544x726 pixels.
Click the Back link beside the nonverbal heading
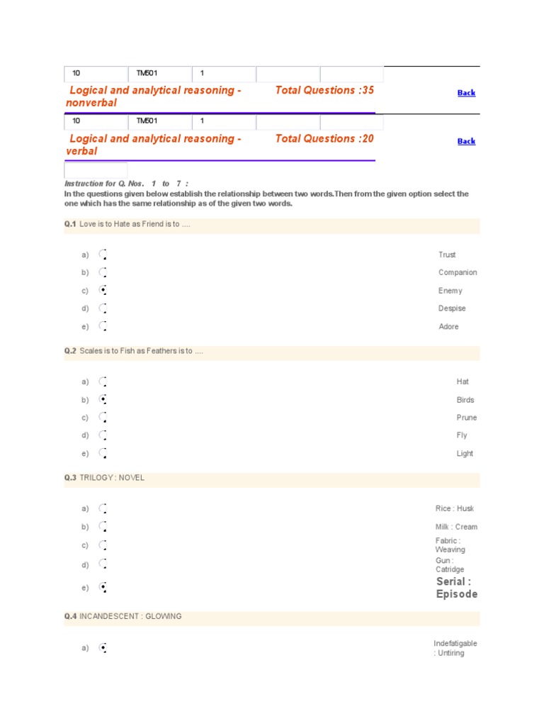[x=466, y=93]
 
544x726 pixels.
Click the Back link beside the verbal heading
[x=466, y=141]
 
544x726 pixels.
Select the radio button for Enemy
[x=103, y=290]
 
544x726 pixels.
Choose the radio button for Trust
[x=103, y=255]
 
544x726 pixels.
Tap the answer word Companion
[x=458, y=272]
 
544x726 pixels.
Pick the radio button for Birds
[x=103, y=400]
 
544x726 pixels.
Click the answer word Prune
[x=467, y=418]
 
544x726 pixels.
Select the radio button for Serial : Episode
[x=103, y=587]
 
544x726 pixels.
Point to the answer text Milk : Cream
[x=456, y=527]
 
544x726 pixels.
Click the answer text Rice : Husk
[x=455, y=508]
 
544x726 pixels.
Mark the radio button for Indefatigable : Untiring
[x=103, y=647]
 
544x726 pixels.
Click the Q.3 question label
[x=70, y=478]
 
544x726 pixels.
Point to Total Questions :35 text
[x=324, y=90]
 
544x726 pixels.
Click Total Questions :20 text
[x=324, y=138]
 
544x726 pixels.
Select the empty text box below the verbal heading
[x=96, y=170]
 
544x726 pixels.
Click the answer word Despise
[x=452, y=308]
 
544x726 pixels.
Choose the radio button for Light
[x=103, y=453]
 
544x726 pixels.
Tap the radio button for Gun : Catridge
[x=103, y=564]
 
